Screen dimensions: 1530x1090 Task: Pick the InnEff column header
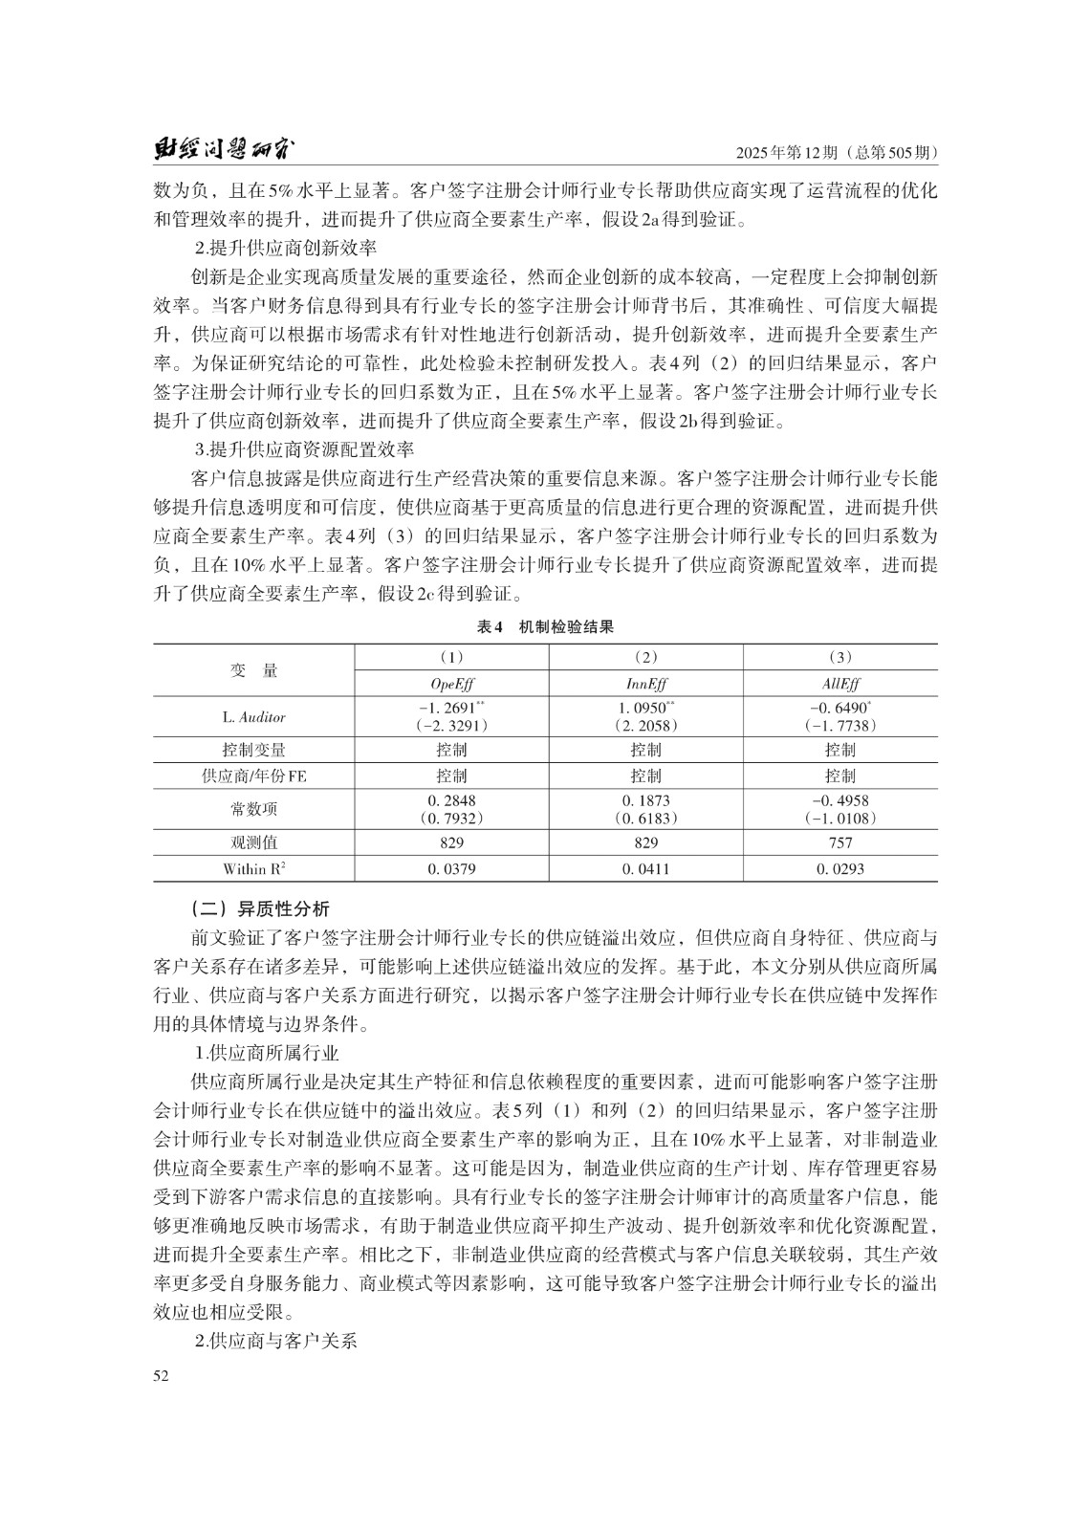click(x=645, y=684)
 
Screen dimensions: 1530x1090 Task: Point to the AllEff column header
click(x=839, y=684)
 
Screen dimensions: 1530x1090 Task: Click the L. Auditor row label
click(x=253, y=716)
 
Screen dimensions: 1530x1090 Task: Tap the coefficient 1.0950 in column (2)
click(x=645, y=708)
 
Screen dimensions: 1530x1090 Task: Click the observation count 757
click(x=839, y=842)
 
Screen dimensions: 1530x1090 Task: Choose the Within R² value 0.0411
click(x=645, y=869)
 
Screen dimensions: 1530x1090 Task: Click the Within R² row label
click(x=253, y=869)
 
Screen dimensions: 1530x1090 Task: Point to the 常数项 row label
click(x=253, y=809)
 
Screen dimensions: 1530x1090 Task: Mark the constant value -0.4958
click(x=839, y=800)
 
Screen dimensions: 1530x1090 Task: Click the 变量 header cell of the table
click(x=253, y=670)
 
